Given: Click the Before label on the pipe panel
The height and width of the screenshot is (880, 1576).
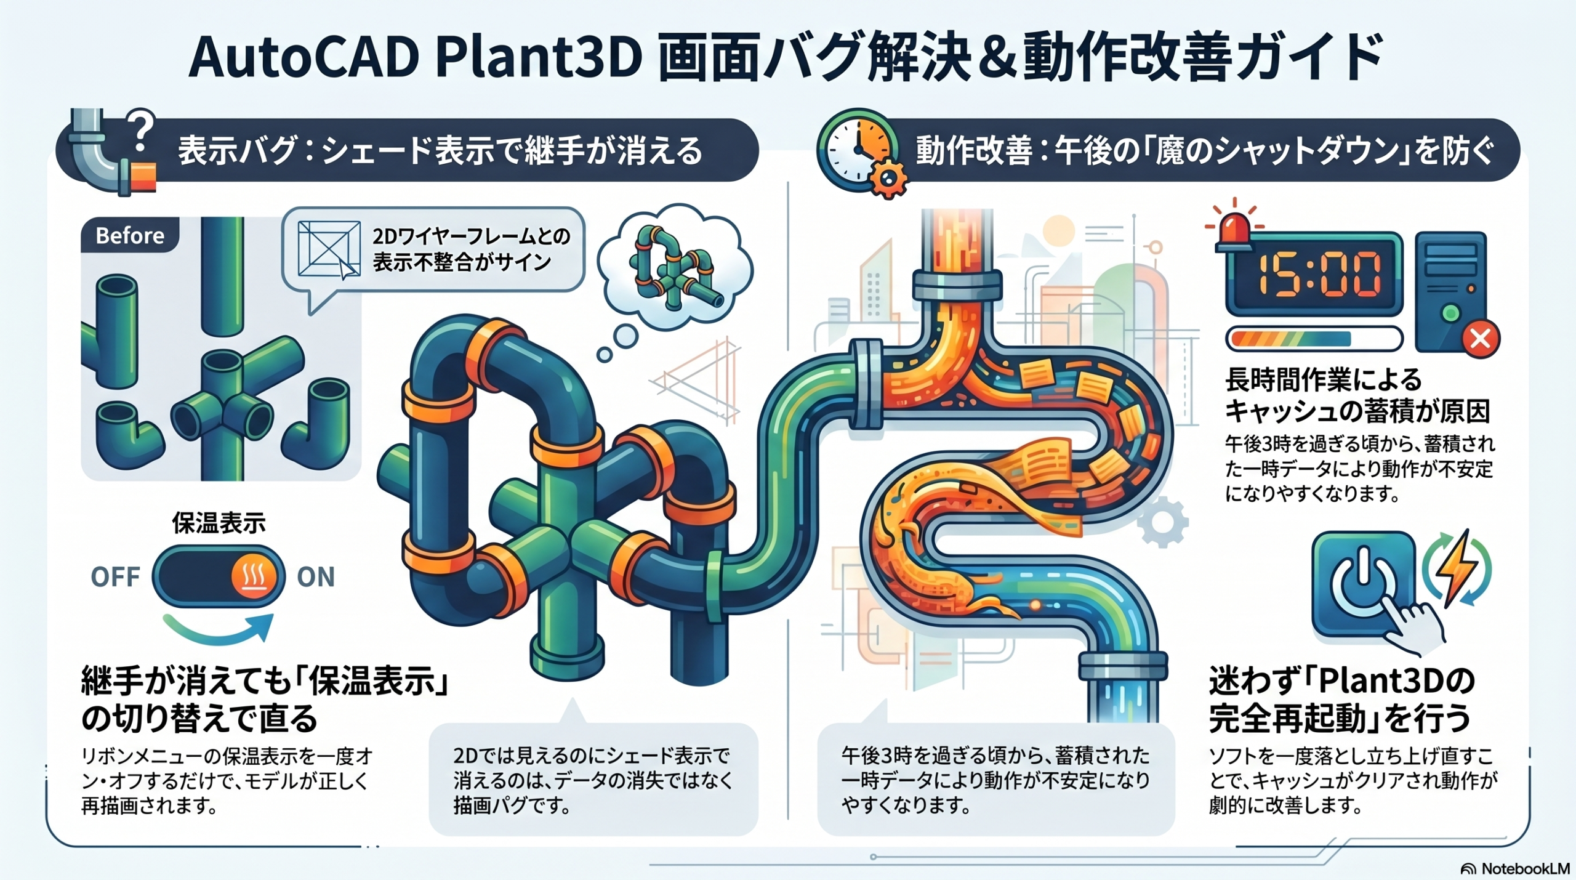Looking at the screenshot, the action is (x=130, y=236).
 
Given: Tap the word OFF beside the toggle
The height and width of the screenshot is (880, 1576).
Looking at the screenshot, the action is (x=115, y=577).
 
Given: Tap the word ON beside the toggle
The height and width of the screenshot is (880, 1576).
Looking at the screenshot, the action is (x=316, y=577).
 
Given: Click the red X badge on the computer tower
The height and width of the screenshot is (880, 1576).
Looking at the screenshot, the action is (x=1480, y=338).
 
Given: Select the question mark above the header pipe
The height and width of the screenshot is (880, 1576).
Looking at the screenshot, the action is (x=142, y=130).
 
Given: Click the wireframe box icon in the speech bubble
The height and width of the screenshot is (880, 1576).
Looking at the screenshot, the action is (x=329, y=249).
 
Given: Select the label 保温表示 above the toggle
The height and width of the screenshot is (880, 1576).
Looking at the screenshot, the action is (x=219, y=523).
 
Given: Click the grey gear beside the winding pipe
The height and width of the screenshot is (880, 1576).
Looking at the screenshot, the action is (x=1162, y=522).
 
